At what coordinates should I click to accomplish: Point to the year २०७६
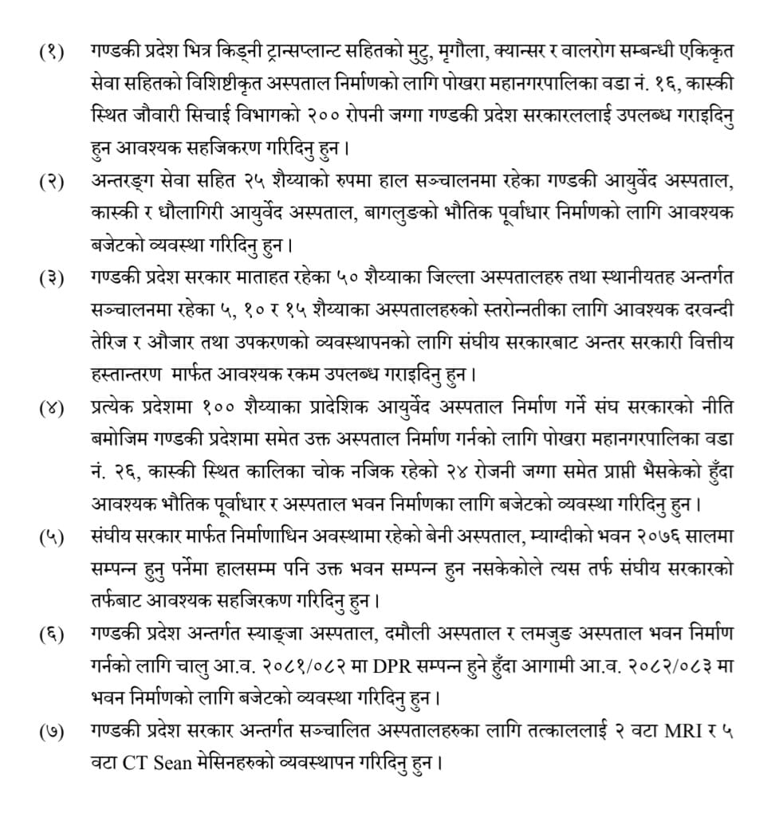pyautogui.click(x=631, y=536)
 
